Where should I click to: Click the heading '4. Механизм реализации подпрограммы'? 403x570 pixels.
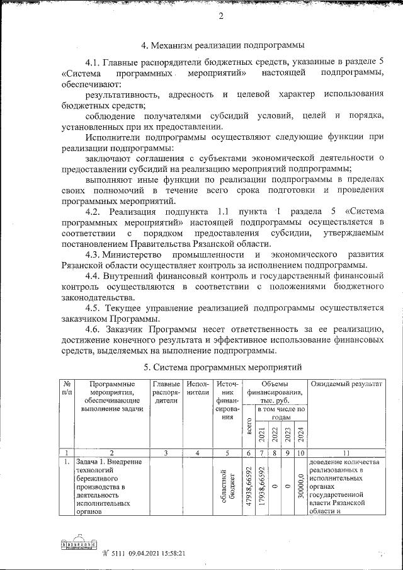[x=223, y=45]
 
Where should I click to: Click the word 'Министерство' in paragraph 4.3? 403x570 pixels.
[x=138, y=254]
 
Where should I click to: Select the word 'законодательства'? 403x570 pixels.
[x=97, y=297]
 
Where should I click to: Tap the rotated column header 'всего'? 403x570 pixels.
[x=250, y=433]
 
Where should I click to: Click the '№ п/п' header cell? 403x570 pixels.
[x=66, y=389]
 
